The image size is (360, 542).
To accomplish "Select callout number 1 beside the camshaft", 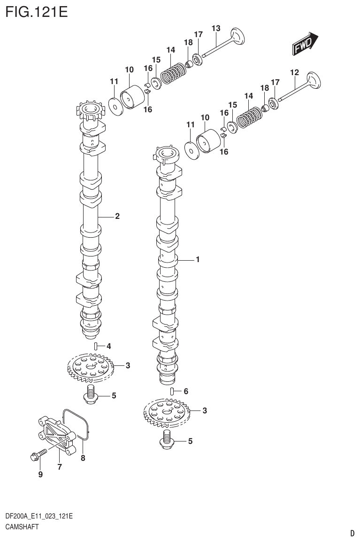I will pyautogui.click(x=198, y=259).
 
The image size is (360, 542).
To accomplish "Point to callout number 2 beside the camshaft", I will pyautogui.click(x=117, y=217).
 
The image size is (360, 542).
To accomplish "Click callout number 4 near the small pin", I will pyautogui.click(x=108, y=347).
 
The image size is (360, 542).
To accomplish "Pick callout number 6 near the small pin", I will pyautogui.click(x=186, y=391).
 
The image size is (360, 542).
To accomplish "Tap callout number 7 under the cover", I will pyautogui.click(x=60, y=467).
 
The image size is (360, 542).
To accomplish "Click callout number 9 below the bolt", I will pyautogui.click(x=40, y=474).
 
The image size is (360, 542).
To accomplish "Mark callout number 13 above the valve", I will pyautogui.click(x=216, y=29).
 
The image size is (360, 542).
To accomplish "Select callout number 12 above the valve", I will pyautogui.click(x=294, y=72).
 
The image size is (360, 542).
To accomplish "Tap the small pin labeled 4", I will pyautogui.click(x=96, y=347).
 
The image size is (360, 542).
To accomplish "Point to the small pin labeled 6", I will pyautogui.click(x=172, y=391).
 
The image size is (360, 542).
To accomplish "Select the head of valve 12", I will pyautogui.click(x=313, y=80).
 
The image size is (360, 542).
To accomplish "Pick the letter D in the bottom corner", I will pyautogui.click(x=352, y=533).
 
